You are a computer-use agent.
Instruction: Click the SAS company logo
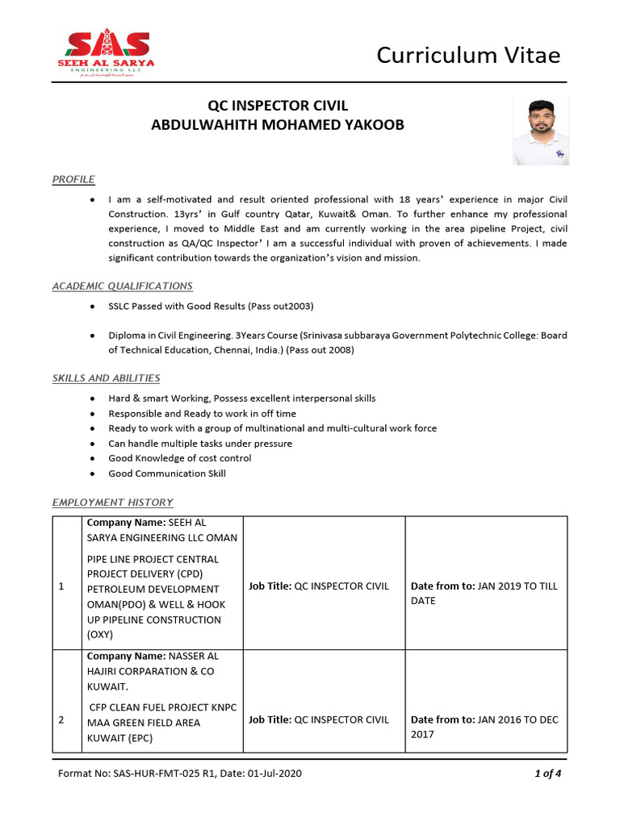106,51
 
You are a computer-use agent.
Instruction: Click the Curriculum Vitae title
468,55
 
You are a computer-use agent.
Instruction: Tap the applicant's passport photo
540,131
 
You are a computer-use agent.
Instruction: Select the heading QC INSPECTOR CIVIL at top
278,106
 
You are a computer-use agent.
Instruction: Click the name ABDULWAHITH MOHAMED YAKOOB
278,125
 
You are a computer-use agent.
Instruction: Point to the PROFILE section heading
73,179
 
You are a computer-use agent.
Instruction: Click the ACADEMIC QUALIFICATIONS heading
122,286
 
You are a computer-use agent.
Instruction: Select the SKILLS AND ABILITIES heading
106,378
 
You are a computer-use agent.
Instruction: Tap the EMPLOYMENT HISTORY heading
112,503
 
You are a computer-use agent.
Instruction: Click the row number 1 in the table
62,586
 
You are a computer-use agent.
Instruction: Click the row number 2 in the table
62,720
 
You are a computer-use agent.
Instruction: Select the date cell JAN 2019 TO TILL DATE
484,594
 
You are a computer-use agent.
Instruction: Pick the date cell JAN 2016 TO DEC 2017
484,727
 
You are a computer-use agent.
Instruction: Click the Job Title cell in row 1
318,586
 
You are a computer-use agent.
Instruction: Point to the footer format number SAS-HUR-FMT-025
179,774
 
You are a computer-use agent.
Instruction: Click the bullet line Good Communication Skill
167,473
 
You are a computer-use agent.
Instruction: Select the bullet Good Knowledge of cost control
179,458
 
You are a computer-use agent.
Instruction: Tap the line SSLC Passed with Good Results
211,307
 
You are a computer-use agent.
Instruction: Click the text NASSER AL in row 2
193,656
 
